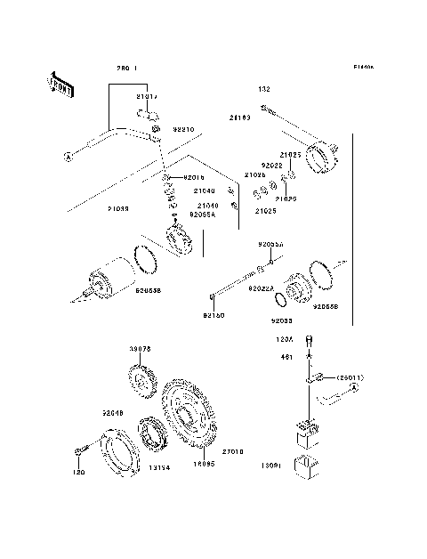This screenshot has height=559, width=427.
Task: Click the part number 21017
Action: (146, 96)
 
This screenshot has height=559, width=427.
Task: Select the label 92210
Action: (182, 130)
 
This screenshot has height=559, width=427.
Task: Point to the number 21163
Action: (239, 117)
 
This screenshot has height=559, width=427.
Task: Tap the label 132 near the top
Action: (264, 89)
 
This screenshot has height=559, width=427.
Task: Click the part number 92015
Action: (194, 177)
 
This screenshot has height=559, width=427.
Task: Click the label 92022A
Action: (262, 288)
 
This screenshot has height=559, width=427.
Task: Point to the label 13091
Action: (270, 465)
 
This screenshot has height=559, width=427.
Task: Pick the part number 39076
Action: (141, 349)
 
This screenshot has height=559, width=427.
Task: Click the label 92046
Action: (112, 413)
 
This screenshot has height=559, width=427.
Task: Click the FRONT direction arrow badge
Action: (59, 85)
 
